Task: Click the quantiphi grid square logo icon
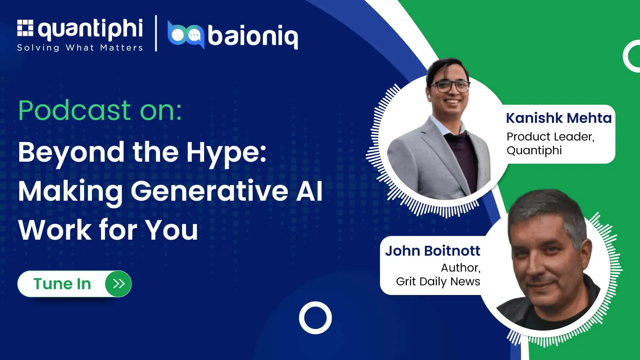point(25,28)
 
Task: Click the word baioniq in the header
point(253,37)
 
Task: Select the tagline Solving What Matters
point(80,48)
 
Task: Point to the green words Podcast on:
point(100,110)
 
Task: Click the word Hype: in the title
point(226,153)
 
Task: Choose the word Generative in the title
point(210,191)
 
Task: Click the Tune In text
point(62,284)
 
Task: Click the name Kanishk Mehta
point(559,118)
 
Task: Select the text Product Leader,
point(551,137)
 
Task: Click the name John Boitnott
point(433,251)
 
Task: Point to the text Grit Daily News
point(438,282)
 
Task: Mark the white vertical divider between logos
point(156,33)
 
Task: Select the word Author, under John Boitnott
point(461,268)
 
